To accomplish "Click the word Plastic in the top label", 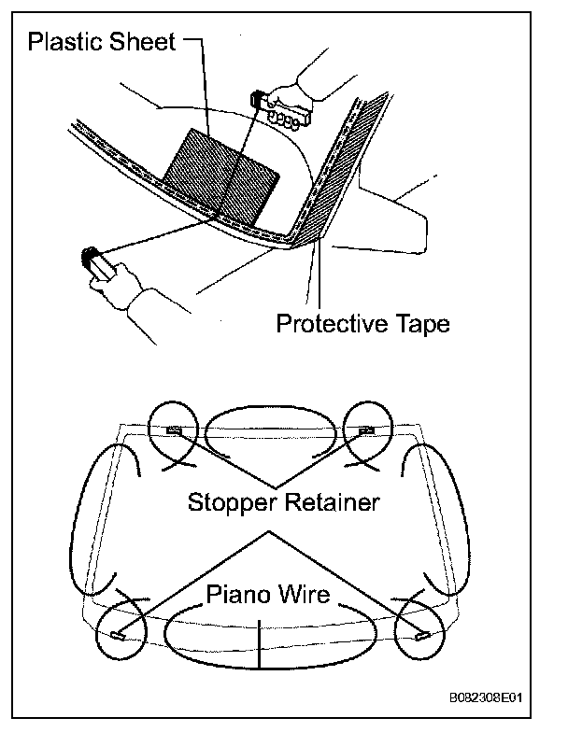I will tap(66, 41).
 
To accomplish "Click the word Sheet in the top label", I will tap(143, 41).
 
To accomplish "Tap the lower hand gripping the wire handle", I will tap(121, 285).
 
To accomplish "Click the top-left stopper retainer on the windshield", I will tap(174, 429).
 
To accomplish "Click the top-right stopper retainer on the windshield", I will tap(366, 429).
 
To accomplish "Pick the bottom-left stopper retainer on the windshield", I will tap(116, 636).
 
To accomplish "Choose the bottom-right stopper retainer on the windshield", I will tap(422, 636).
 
